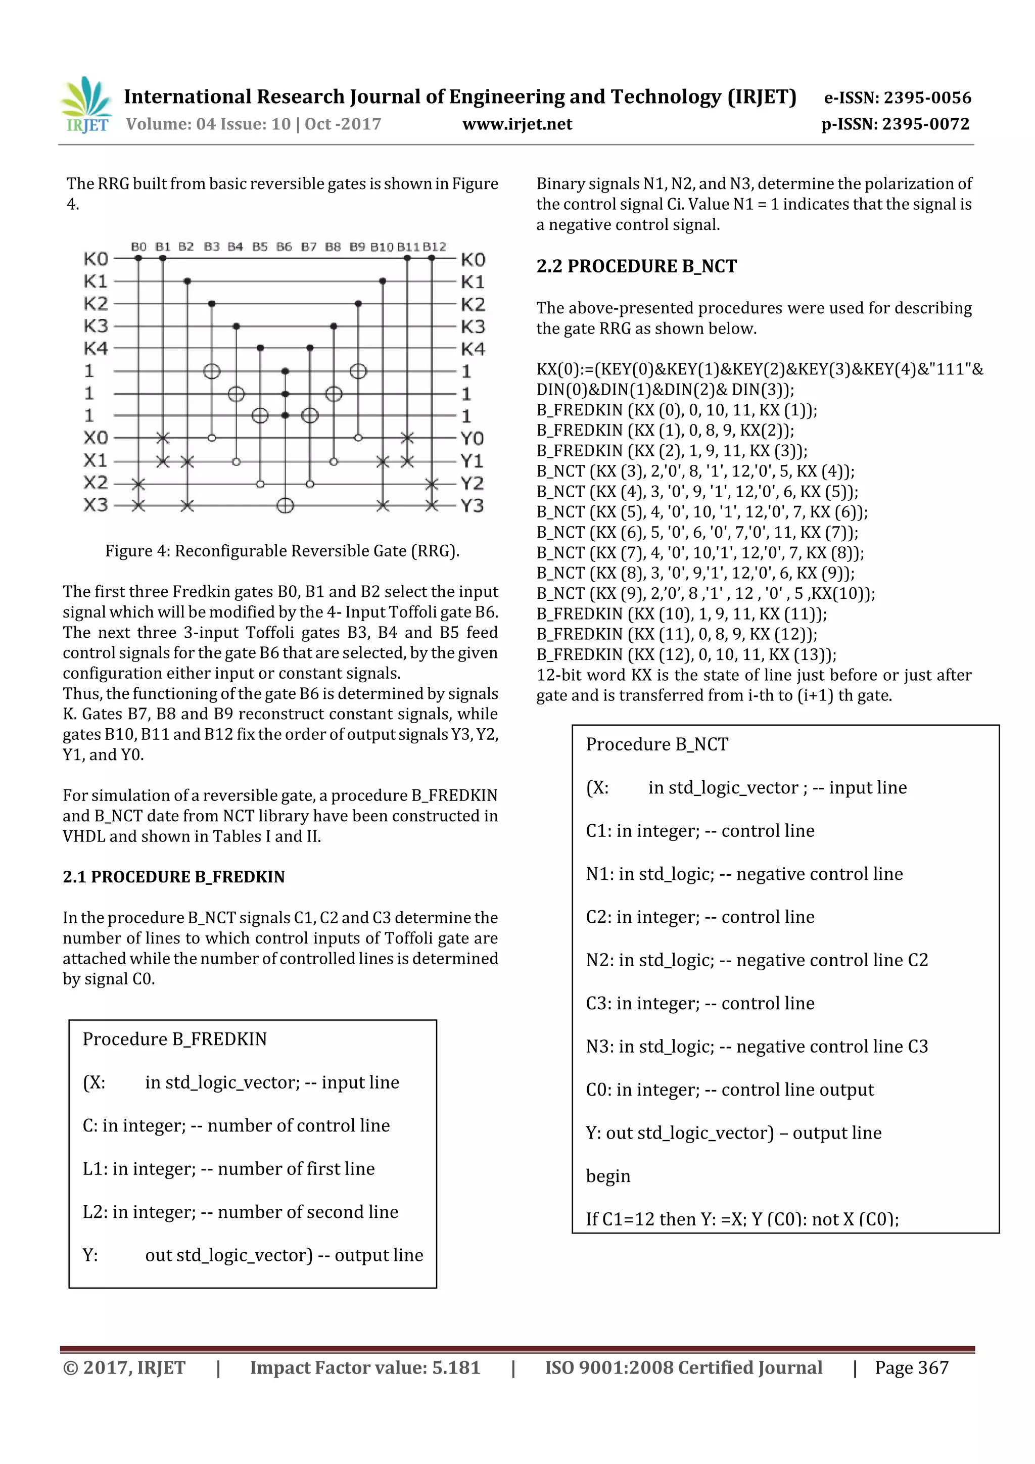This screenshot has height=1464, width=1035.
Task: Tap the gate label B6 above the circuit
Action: [x=284, y=247]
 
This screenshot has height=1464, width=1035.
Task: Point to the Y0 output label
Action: [x=472, y=438]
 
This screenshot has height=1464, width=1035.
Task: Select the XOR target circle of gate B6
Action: [x=285, y=506]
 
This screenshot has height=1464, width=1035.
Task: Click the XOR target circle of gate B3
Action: [x=212, y=371]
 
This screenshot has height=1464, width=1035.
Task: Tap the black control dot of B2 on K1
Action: [x=187, y=281]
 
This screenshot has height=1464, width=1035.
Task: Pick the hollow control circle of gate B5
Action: [x=260, y=484]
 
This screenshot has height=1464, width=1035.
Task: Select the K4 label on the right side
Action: [x=473, y=349]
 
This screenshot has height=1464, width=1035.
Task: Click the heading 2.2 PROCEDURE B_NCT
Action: [x=636, y=266]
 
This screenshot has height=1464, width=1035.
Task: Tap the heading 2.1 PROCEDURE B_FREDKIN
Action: [x=173, y=877]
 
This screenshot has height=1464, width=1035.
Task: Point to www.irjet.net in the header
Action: [x=516, y=124]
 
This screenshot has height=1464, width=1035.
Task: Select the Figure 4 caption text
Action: [x=282, y=551]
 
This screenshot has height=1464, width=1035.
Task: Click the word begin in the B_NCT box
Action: [x=608, y=1176]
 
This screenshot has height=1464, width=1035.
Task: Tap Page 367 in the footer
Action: [x=911, y=1367]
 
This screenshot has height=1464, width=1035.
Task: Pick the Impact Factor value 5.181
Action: [x=455, y=1367]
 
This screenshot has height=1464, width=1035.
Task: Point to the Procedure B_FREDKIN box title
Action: [x=175, y=1040]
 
